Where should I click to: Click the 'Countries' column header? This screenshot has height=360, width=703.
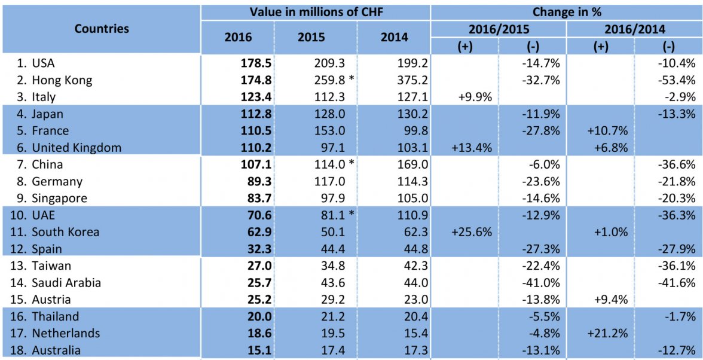tap(102, 29)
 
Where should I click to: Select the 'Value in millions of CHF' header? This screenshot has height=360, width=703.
tap(316, 12)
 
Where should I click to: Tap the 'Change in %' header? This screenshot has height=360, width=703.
tap(566, 12)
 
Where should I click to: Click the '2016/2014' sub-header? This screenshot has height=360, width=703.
tap(634, 29)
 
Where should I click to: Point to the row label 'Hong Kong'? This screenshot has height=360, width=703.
tap(62, 80)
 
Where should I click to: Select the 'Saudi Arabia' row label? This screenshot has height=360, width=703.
tap(66, 282)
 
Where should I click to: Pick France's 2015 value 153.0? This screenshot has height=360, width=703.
tap(325, 131)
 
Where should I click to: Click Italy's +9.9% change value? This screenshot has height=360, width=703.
tap(475, 97)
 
